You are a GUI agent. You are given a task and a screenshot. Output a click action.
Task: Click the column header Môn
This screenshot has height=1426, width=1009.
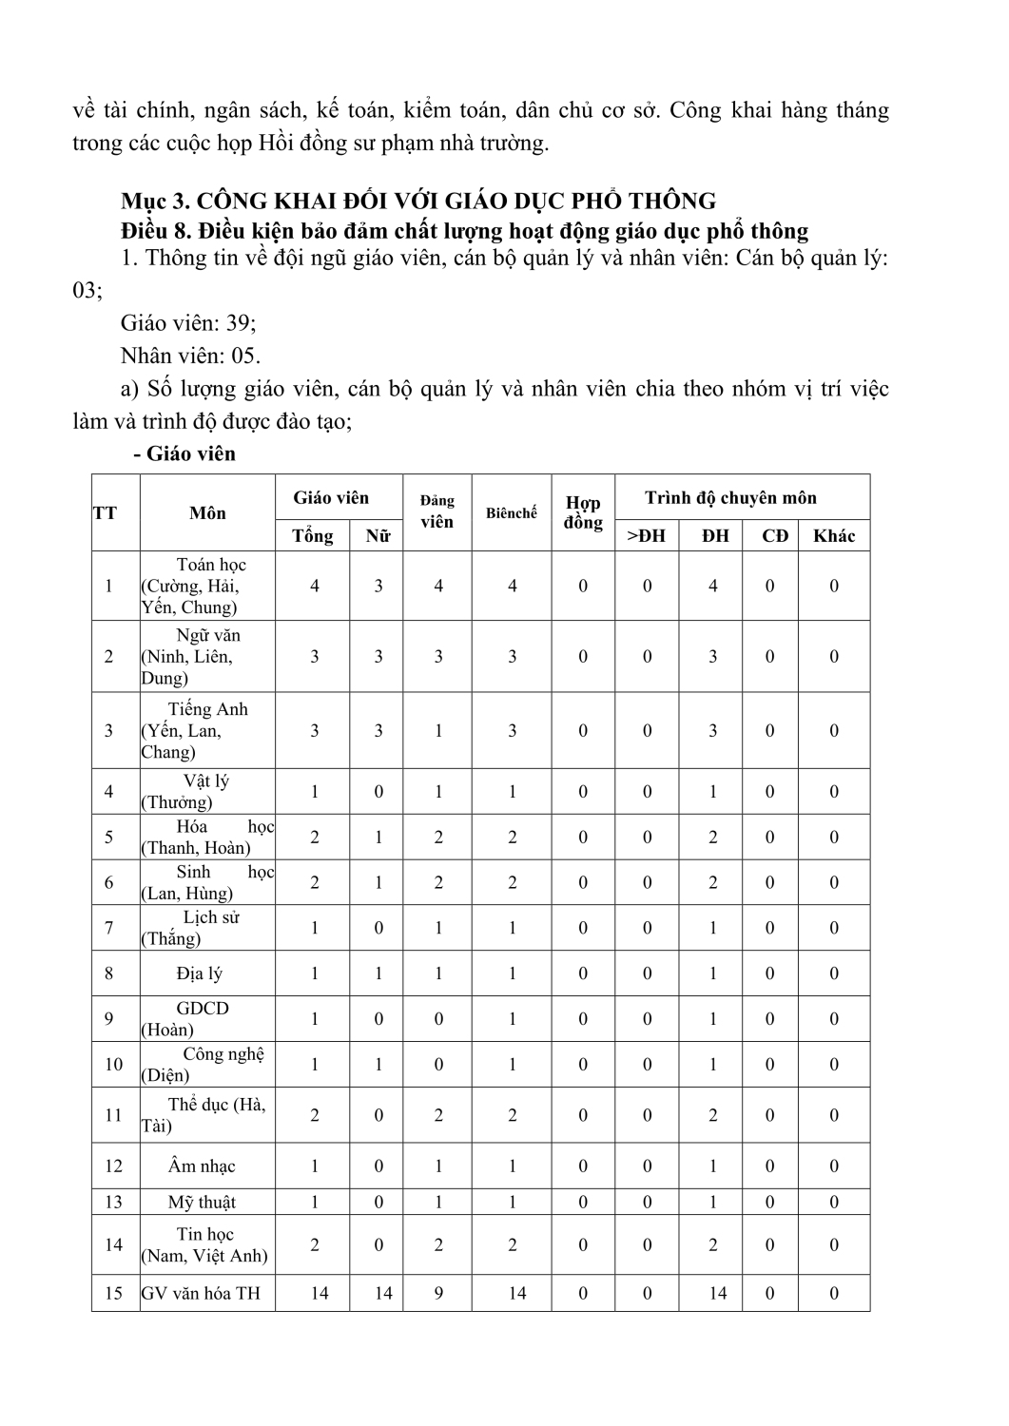point(207,513)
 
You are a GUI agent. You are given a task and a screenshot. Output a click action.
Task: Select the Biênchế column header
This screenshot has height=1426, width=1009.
point(512,513)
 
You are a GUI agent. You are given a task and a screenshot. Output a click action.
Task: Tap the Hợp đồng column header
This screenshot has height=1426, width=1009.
point(583,513)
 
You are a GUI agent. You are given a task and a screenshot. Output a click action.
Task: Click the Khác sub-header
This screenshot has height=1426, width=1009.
point(834,536)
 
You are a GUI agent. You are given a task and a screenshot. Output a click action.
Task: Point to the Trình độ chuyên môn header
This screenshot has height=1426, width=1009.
point(730,497)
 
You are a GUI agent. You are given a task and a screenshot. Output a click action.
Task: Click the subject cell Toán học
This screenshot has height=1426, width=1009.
point(211,565)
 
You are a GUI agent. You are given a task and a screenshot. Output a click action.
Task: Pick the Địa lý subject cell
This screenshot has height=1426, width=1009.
point(200,973)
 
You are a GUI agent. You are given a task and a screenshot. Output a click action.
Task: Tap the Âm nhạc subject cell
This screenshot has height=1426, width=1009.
point(202,1166)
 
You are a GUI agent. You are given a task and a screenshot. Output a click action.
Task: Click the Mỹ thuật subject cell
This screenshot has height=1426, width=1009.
point(202,1203)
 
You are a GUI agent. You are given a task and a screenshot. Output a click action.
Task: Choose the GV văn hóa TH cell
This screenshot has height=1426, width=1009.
point(201,1293)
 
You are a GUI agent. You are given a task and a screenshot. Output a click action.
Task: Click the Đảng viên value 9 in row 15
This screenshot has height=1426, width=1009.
point(438,1293)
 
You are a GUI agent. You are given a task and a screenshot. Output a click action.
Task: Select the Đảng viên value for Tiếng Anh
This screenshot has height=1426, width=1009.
point(438,731)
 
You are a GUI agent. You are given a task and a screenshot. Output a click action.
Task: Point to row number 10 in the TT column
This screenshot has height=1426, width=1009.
point(114,1065)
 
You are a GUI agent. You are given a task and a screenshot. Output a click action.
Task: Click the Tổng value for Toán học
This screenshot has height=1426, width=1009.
point(315,586)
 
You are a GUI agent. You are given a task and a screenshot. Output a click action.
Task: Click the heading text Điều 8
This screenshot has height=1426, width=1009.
point(157,230)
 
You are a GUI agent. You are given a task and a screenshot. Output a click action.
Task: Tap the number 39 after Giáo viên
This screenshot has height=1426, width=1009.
point(239,323)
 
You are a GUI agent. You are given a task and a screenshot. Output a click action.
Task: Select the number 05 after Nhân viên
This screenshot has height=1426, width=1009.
point(244,356)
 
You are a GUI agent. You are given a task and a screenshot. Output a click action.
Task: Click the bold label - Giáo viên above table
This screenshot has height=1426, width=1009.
point(184,453)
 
